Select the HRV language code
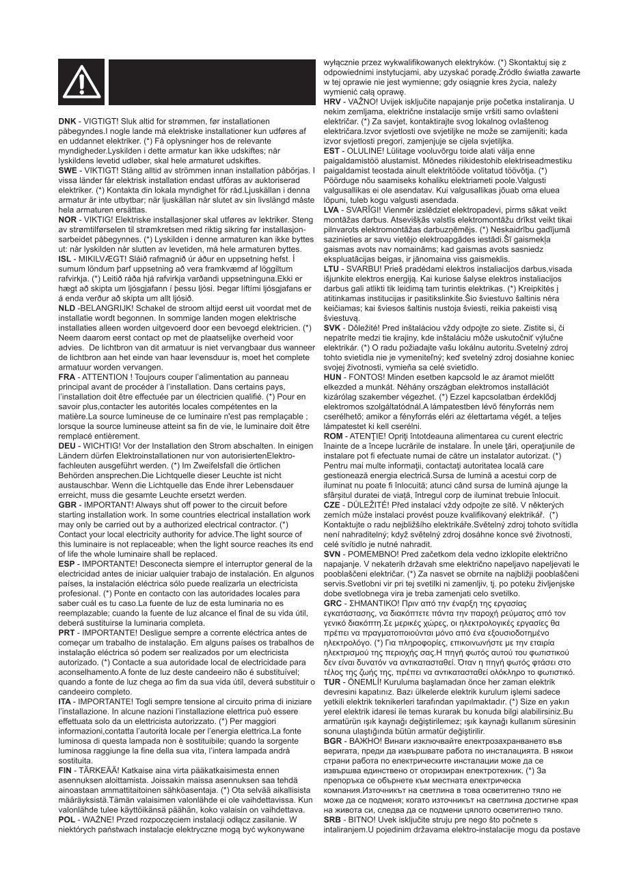[x=333, y=101]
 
